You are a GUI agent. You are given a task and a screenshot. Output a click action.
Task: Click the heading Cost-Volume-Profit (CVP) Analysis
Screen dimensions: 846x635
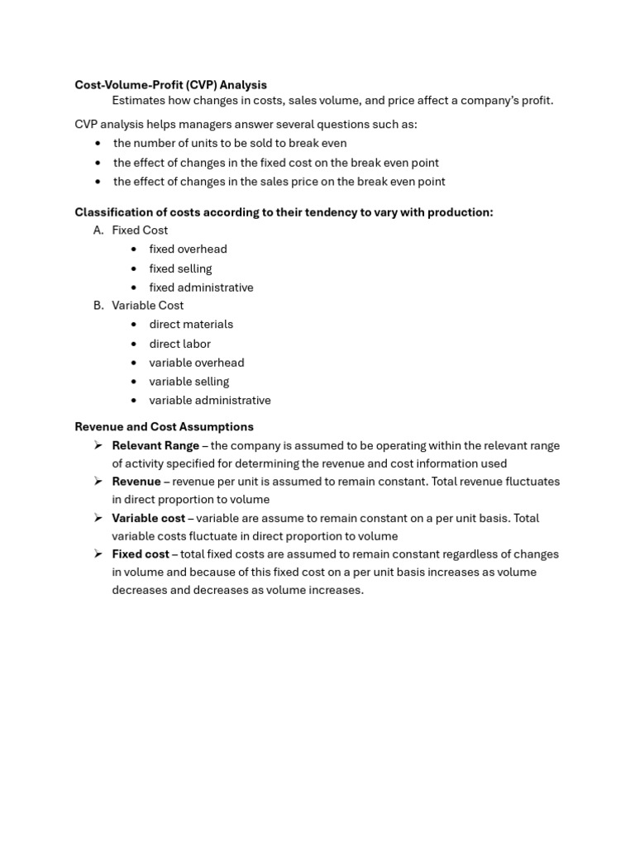(170, 85)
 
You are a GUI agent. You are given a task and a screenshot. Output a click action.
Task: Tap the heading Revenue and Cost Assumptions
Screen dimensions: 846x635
(164, 427)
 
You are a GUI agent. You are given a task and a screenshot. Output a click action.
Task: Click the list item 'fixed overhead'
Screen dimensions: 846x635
(188, 250)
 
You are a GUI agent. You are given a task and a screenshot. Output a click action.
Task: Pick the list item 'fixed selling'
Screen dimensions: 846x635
(180, 269)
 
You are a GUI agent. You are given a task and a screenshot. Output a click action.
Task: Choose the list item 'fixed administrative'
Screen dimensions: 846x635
(201, 288)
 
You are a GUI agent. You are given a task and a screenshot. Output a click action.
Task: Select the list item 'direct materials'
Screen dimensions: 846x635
(191, 325)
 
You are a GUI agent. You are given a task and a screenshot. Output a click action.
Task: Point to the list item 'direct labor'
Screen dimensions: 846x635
(179, 344)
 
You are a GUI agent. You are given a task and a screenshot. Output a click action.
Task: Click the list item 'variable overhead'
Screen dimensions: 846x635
(197, 363)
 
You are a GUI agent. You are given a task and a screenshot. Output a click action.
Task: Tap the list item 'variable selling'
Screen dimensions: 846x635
(189, 382)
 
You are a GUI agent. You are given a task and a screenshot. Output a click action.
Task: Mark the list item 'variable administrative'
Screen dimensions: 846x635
(210, 401)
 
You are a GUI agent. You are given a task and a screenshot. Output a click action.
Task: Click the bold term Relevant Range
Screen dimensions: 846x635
(155, 446)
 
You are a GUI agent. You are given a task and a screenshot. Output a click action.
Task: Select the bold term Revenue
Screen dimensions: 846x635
(136, 482)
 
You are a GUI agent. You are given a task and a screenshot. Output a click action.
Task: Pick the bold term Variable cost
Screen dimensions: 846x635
(149, 519)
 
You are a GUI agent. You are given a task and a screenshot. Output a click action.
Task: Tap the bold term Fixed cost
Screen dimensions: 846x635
(141, 554)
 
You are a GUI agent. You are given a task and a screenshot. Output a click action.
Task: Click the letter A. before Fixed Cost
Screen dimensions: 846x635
(98, 231)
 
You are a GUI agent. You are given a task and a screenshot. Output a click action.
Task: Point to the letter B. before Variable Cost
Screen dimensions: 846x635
(98, 306)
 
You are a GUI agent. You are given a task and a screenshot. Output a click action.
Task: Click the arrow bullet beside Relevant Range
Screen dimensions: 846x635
(98, 446)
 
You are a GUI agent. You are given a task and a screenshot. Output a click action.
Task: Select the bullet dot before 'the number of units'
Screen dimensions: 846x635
(98, 144)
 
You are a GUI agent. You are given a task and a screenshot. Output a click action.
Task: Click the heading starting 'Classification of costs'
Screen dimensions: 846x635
(284, 212)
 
